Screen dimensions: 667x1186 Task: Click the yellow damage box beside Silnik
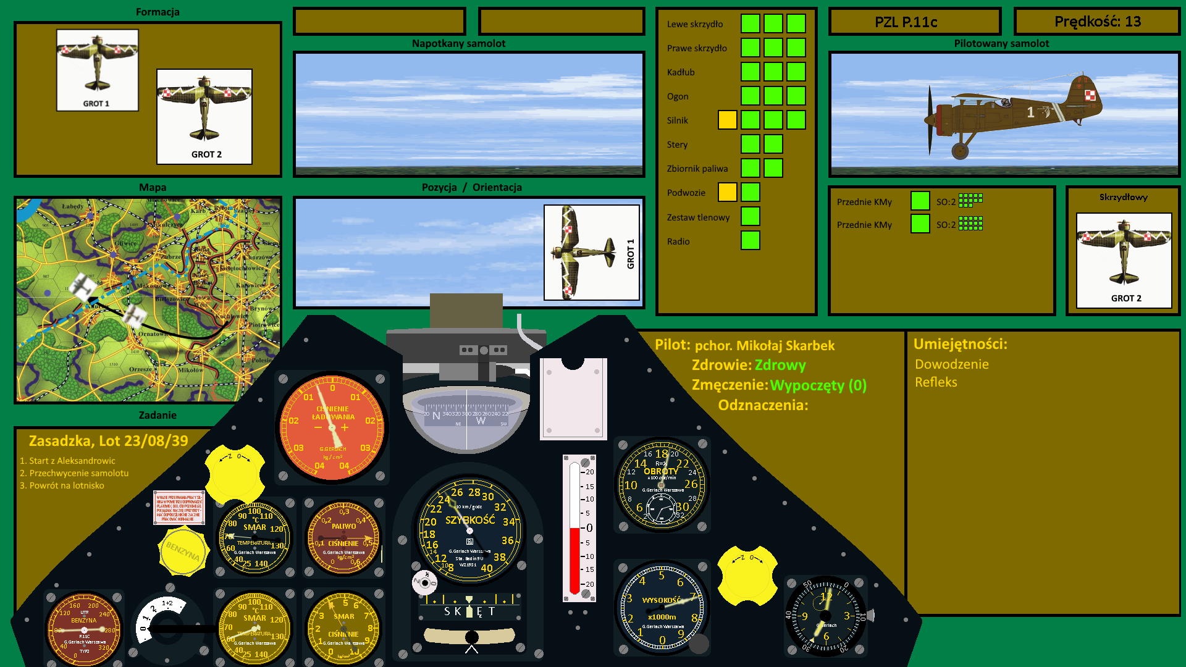[727, 120]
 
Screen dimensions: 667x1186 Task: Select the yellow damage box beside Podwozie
[727, 192]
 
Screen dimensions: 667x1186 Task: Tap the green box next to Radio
[750, 240]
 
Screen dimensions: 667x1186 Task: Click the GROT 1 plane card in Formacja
[98, 70]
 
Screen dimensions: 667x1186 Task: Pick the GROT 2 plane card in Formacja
[204, 116]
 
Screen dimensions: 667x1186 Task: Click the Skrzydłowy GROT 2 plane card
[1124, 260]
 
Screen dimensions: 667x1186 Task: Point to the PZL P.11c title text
[906, 22]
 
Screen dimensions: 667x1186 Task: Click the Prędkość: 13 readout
[1097, 22]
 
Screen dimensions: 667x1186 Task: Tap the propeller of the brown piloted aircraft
[930, 120]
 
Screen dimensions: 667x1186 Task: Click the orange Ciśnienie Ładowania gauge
[332, 427]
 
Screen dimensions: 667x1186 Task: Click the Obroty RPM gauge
[662, 484]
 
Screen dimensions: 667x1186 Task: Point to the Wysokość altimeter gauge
[662, 608]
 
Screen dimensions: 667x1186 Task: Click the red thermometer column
[574, 559]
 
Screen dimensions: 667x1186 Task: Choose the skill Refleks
[936, 382]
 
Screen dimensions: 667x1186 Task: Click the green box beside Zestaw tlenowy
[750, 216]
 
